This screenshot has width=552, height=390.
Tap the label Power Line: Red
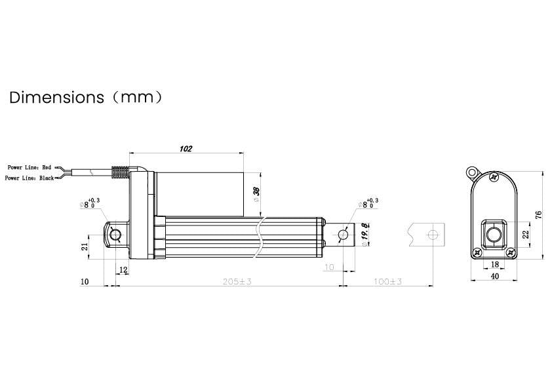(x=29, y=168)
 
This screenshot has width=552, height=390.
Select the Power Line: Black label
(x=29, y=178)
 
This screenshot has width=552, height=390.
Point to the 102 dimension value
(x=186, y=149)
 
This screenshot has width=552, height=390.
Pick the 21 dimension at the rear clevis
(x=85, y=246)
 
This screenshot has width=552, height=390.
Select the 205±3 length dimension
(x=237, y=281)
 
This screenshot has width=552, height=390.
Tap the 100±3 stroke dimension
(x=387, y=281)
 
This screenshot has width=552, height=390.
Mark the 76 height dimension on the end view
(x=538, y=215)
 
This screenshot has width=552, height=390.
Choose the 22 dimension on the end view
(x=525, y=235)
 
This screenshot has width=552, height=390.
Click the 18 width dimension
(x=494, y=265)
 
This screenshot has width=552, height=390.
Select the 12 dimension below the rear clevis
(x=123, y=269)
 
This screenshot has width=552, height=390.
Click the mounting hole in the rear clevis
(x=116, y=235)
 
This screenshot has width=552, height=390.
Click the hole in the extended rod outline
(x=431, y=235)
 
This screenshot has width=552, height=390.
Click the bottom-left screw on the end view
(x=478, y=252)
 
